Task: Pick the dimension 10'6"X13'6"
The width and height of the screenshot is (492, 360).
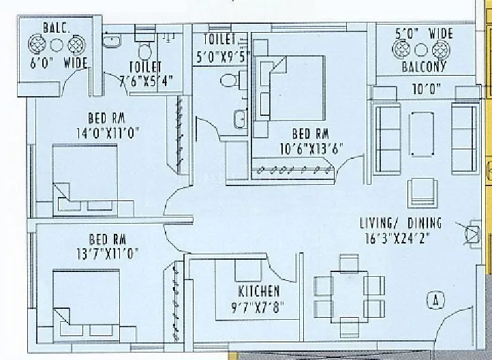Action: (311, 146)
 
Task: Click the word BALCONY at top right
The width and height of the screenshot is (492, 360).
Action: (424, 67)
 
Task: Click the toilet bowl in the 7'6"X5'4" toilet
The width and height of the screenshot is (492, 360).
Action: (144, 51)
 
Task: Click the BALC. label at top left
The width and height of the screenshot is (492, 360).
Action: (56, 29)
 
